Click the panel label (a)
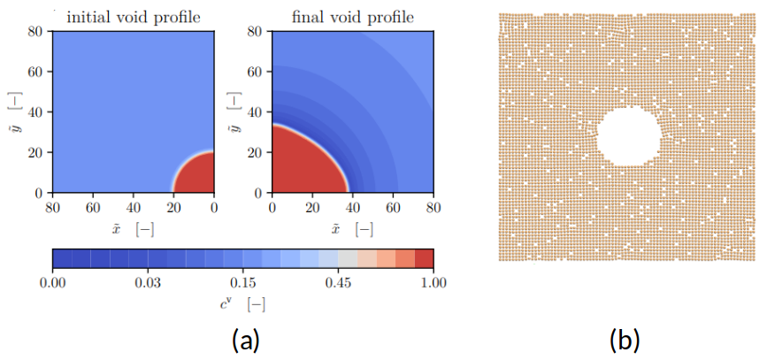point(243,340)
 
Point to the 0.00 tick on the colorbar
point(53,283)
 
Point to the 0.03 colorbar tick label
point(148,283)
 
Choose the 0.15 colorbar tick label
point(243,283)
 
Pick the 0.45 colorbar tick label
point(339,283)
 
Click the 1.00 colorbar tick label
point(433,283)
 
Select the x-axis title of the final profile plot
point(352,229)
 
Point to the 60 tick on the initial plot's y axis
point(36,70)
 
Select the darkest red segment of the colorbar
point(425,258)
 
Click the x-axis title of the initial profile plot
point(133,229)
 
